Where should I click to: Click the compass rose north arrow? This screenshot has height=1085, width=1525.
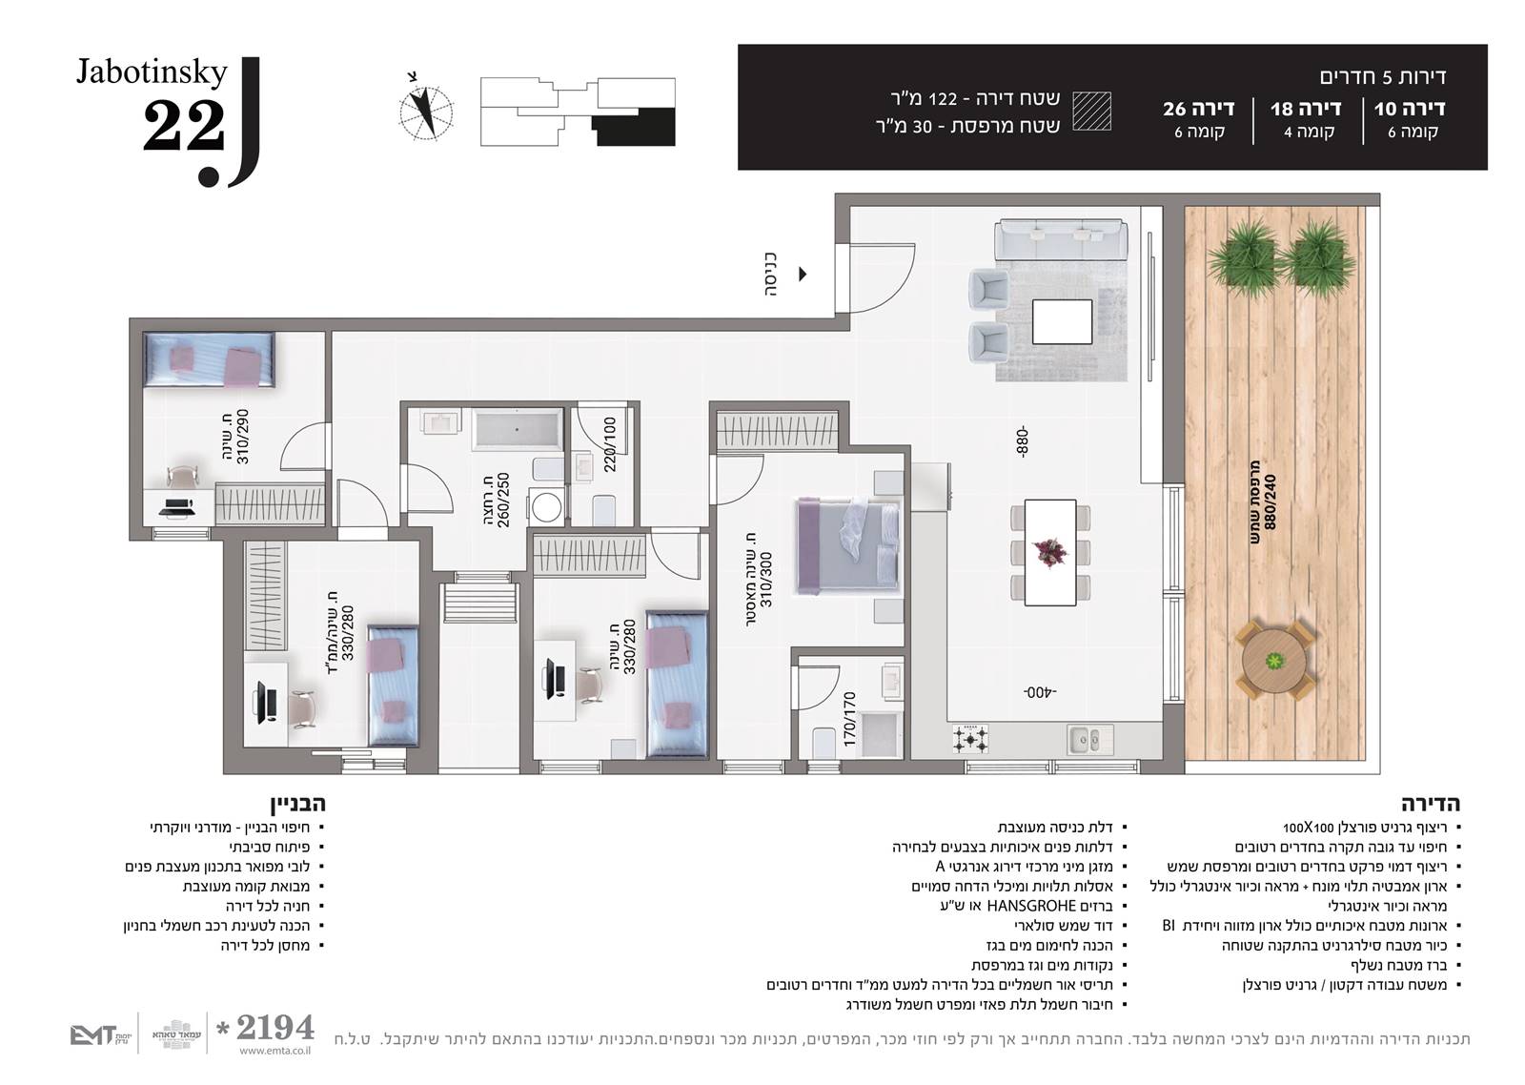(x=426, y=112)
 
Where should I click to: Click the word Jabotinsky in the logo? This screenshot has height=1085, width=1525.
(x=152, y=72)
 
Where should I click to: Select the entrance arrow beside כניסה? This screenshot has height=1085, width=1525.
(x=803, y=274)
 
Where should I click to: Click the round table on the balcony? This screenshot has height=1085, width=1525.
(x=1273, y=661)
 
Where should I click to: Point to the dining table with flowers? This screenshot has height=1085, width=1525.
(x=1049, y=552)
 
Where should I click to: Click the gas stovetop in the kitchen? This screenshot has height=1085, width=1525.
(x=971, y=738)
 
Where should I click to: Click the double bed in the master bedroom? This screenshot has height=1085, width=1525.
(x=848, y=546)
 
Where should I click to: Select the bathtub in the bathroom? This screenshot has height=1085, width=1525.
(x=518, y=429)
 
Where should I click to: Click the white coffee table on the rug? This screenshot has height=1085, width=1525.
(x=1062, y=321)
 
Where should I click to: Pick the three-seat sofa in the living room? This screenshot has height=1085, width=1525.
(x=1061, y=239)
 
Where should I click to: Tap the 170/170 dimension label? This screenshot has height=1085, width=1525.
(x=849, y=719)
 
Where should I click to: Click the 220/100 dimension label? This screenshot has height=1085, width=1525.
(x=609, y=444)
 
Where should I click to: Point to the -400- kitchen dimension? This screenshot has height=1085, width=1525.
(x=1040, y=693)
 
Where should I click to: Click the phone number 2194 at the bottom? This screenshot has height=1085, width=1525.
(x=274, y=1027)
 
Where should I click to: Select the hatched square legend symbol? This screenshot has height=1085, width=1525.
(x=1092, y=111)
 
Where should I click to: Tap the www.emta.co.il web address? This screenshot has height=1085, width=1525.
(x=275, y=1051)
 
